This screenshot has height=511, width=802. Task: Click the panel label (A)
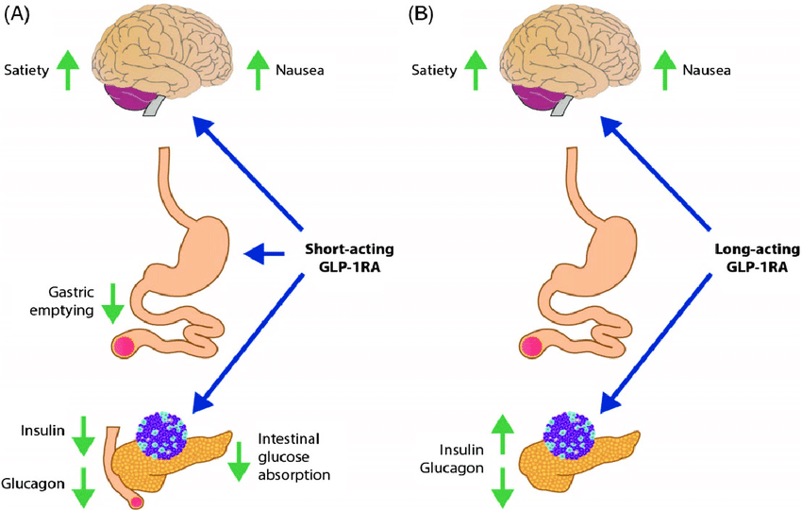click(x=19, y=14)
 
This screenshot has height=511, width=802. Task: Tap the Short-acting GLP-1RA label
click(x=349, y=258)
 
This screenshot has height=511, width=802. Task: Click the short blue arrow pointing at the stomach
click(x=265, y=252)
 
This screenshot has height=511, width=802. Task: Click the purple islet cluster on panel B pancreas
click(x=570, y=434)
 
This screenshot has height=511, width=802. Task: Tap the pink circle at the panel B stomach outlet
click(x=531, y=346)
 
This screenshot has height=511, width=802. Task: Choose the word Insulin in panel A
click(x=42, y=432)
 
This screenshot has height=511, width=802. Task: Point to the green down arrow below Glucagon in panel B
click(x=504, y=486)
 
